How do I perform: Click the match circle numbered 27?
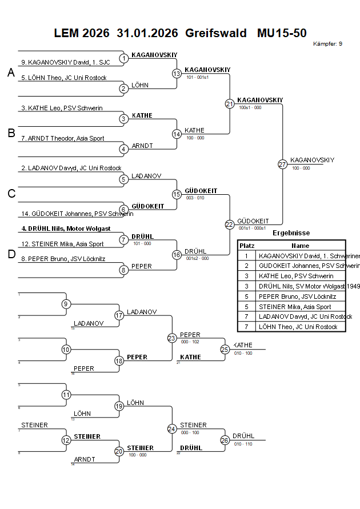282,164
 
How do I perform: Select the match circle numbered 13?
177,74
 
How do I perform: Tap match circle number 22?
229,225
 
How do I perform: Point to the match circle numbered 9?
66,304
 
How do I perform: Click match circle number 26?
225,440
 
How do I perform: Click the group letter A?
11,73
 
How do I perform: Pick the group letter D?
11,255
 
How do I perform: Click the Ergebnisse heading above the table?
291,233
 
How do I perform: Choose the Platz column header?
246,245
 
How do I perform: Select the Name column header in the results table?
300,245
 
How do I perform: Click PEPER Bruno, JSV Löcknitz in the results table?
297,296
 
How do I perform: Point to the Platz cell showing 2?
246,266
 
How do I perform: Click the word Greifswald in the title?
216,33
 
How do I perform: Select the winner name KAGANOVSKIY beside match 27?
312,160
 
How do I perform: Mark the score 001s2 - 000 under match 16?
197,258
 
